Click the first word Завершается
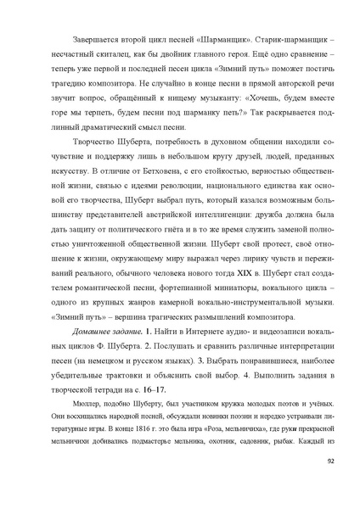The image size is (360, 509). coord(83,40)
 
